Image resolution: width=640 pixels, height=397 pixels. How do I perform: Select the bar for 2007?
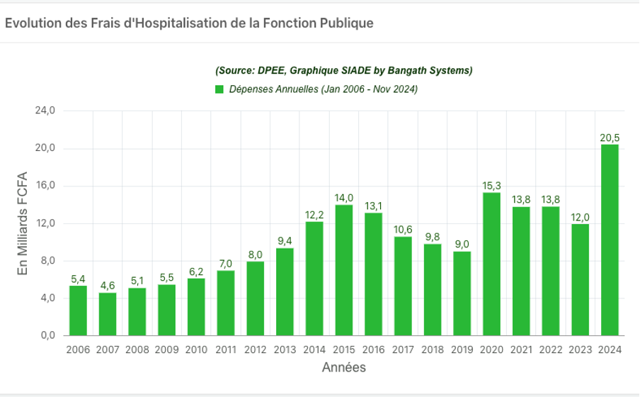[108, 314]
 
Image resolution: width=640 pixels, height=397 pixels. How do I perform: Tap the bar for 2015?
[344, 270]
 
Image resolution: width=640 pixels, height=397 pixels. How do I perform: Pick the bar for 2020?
[491, 264]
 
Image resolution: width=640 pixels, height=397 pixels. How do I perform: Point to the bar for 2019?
[462, 293]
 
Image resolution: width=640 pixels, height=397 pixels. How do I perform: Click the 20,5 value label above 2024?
[610, 138]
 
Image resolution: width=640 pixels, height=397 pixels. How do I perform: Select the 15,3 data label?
[491, 186]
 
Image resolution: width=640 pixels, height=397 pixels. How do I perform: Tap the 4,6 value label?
[108, 286]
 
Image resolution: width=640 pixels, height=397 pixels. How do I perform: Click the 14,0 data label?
[344, 198]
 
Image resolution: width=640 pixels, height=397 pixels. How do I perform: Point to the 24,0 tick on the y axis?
[45, 111]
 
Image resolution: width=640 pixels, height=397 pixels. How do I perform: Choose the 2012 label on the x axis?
[255, 350]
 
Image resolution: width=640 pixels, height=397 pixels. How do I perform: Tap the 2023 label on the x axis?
[580, 350]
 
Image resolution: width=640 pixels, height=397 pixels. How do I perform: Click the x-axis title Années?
[344, 368]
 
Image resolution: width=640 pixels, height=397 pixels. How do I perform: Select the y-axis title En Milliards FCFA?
[23, 223]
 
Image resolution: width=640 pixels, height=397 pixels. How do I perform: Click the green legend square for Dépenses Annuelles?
[219, 89]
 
